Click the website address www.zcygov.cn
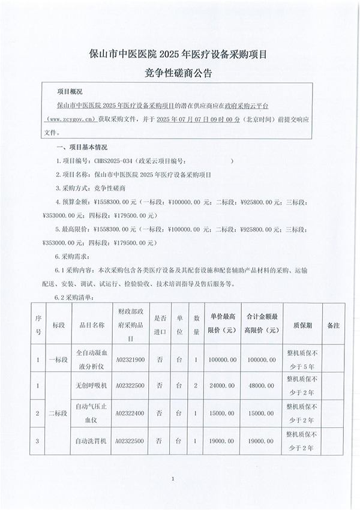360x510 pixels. (x=74, y=119)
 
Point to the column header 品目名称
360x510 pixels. (x=92, y=325)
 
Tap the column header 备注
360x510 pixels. (x=334, y=325)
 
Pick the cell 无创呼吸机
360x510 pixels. (x=92, y=385)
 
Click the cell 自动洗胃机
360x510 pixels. (x=92, y=442)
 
